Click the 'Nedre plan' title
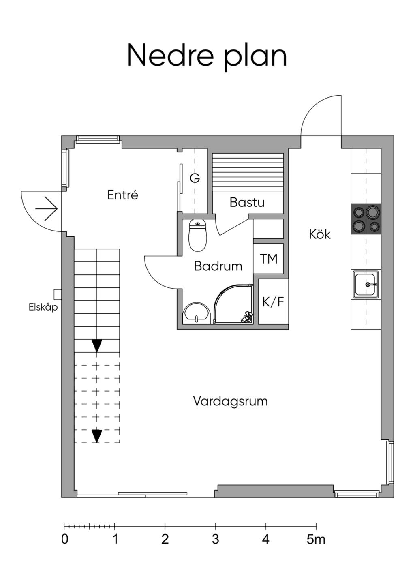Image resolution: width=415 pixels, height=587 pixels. pos(207,56)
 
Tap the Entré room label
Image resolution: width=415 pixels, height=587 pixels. pos(122,195)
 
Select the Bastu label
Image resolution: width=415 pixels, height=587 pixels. pos(247,202)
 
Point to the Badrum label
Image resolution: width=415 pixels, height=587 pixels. pos(218,266)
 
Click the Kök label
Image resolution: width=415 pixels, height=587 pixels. pos(320,234)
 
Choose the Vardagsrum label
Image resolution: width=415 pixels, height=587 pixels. pos(230,401)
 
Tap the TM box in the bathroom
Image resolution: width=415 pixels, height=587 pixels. pos(268,259)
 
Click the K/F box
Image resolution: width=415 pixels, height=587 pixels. pos(273,302)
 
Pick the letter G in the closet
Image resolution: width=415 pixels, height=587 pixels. pos(195,178)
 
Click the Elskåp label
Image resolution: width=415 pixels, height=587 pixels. pos(43,307)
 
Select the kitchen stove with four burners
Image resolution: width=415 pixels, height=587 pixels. pos(366,219)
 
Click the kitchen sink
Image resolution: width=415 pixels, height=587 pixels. pos(366,285)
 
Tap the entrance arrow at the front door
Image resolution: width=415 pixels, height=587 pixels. pos(46,208)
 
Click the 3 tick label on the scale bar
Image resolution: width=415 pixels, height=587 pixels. pos(215,540)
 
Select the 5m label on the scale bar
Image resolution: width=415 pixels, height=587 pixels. pos(316,540)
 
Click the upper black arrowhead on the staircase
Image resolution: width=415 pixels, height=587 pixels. pos(96,346)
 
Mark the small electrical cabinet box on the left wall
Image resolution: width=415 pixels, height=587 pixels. pos(57,293)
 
